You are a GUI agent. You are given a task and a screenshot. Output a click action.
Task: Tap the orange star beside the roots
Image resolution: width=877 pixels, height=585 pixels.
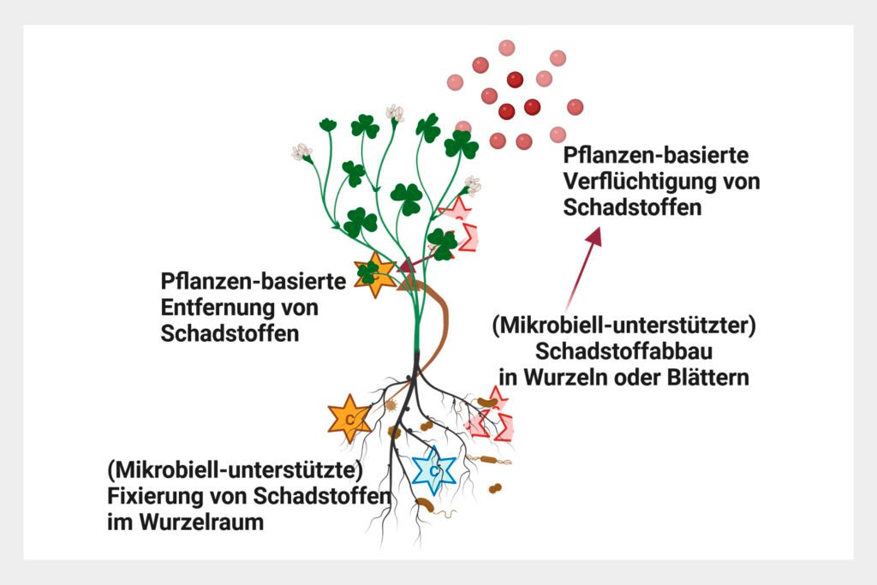pyautogui.click(x=349, y=419)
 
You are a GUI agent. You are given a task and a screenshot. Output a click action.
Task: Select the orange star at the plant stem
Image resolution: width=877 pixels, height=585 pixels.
pyautogui.click(x=373, y=275)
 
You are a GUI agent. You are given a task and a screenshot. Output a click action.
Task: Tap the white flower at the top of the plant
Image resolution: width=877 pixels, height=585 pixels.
pyautogui.click(x=394, y=113)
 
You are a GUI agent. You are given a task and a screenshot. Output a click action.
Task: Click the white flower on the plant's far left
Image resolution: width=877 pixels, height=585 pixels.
pyautogui.click(x=301, y=152)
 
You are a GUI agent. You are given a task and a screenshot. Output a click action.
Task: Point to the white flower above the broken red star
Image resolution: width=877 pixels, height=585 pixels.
pyautogui.click(x=471, y=186)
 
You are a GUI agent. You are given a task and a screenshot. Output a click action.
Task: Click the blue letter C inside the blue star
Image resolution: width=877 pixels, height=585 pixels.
pyautogui.click(x=434, y=470)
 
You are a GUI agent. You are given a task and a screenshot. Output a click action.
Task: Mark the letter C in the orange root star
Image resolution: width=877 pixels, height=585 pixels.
pyautogui.click(x=349, y=419)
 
